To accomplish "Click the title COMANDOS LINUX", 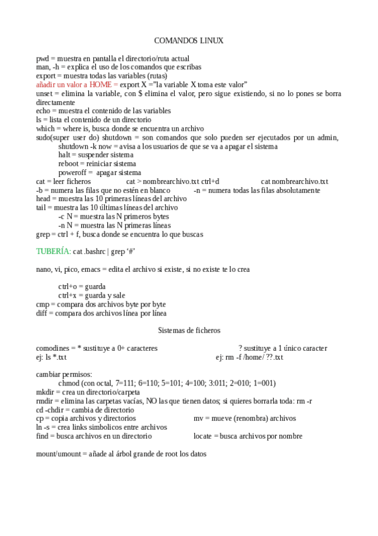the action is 189,40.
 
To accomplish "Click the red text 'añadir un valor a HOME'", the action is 76,85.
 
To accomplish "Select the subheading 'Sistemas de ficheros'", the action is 189,330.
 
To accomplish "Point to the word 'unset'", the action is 45,94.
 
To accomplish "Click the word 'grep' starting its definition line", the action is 43,234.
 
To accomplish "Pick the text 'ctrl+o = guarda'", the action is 82,286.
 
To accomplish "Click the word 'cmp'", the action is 42,304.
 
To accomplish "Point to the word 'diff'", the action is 42,313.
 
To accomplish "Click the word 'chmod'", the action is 69,383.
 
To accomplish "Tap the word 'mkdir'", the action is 45,392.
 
